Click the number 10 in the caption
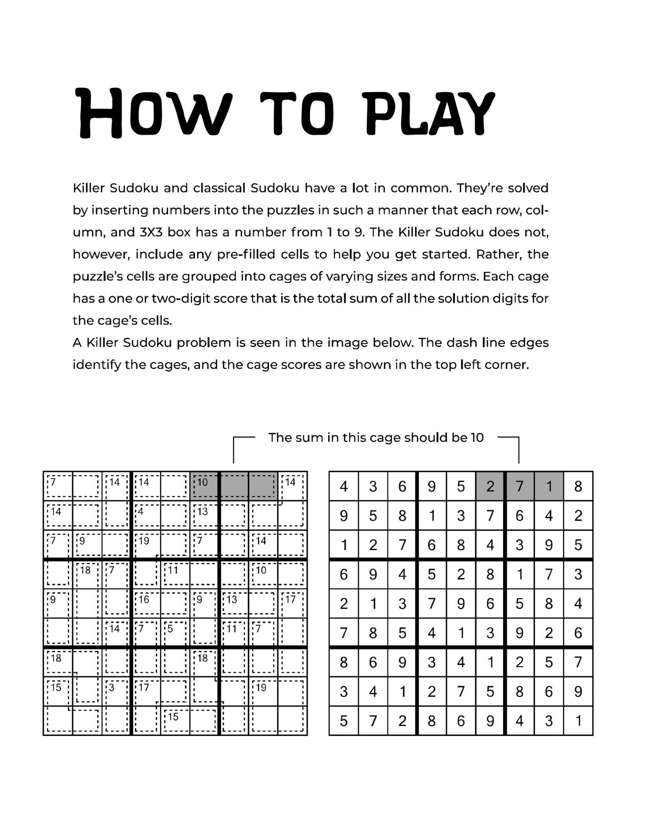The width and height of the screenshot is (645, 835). pos(477,438)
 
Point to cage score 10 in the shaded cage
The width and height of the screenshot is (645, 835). pos(202,482)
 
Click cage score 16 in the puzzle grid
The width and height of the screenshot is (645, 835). pos(144,599)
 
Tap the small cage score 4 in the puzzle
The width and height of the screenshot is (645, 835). pos(141,511)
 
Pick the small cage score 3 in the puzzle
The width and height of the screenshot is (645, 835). pos(112,688)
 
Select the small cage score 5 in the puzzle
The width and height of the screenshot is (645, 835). pos(171,629)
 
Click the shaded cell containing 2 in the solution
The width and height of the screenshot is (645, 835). pos(490,486)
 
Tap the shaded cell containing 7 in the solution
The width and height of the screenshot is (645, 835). pos(519,486)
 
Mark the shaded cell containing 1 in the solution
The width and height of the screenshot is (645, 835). pos(549,486)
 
